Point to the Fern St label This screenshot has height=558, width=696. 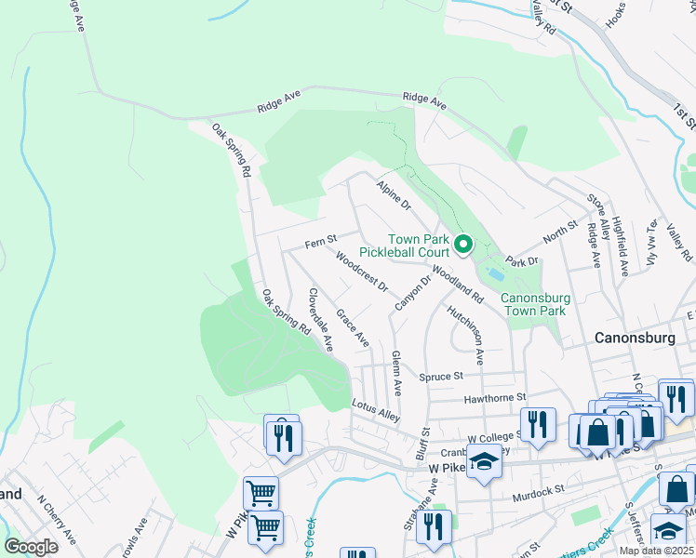pyautogui.click(x=320, y=243)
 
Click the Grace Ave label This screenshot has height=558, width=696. pyautogui.click(x=353, y=328)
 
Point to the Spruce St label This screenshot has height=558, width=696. pyautogui.click(x=440, y=377)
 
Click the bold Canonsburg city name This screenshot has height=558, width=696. pyautogui.click(x=639, y=339)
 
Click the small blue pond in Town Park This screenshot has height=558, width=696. pyautogui.click(x=495, y=275)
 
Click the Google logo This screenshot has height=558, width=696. pyautogui.click(x=31, y=546)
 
